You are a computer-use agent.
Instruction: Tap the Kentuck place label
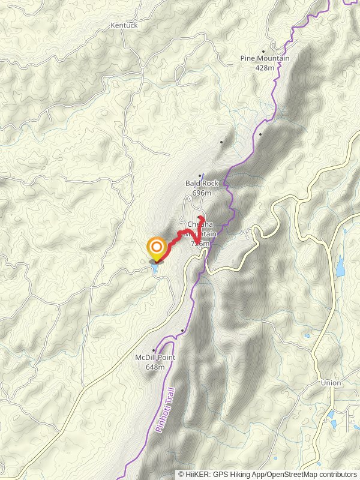pos(124,26)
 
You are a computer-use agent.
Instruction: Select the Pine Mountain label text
pos(265,58)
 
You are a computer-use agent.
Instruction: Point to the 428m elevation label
pos(265,67)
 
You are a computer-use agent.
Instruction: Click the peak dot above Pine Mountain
pos(263,51)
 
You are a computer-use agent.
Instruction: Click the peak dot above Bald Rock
pos(200,176)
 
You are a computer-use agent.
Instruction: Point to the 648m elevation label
pos(154,367)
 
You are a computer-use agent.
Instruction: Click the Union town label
pos(331,383)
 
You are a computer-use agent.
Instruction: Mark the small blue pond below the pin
pos(155,268)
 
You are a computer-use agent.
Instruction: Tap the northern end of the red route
pos(200,217)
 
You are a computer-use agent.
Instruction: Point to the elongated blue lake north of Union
pos(341,266)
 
